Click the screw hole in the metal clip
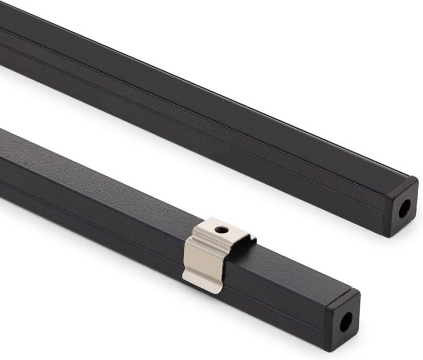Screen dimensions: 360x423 tap(221, 230)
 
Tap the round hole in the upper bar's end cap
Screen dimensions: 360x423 tap(404, 208)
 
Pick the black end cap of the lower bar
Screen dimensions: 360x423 tap(343, 320)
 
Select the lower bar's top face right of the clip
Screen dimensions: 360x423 tap(291, 269)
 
